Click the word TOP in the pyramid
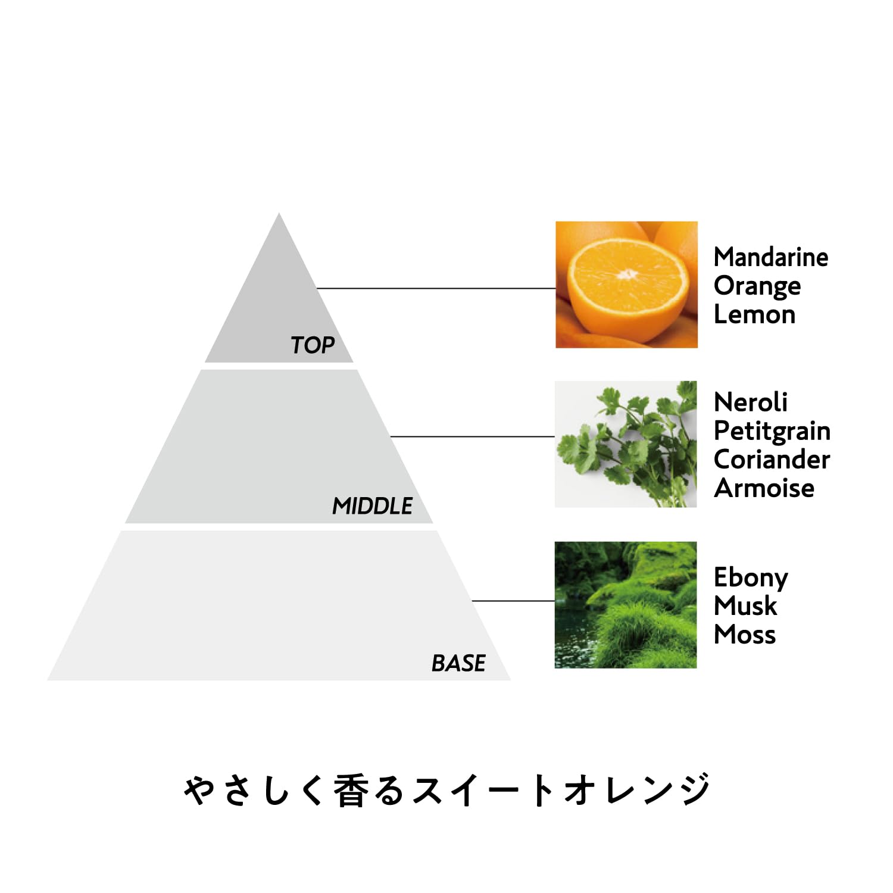tap(313, 345)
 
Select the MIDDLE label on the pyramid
tap(372, 506)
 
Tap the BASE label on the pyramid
tap(458, 663)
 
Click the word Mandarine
tap(770, 257)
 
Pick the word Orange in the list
tap(757, 286)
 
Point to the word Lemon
tap(754, 314)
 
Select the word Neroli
tap(750, 402)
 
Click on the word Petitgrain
tap(772, 431)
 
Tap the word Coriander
tap(772, 460)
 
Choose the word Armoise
tap(764, 488)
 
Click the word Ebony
tap(751, 577)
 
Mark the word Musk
tap(745, 606)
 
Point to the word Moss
tap(745, 635)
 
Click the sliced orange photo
tap(626, 285)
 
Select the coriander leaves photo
tap(626, 444)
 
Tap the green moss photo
tap(626, 605)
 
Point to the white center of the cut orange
tap(627, 274)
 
